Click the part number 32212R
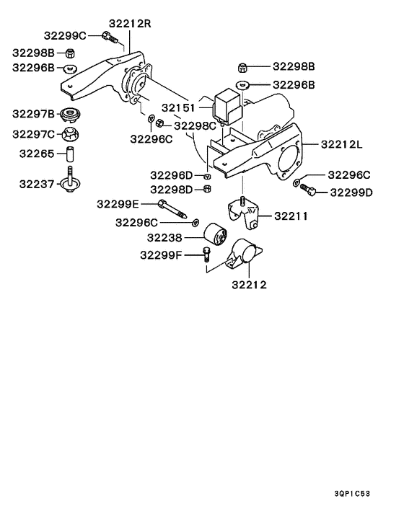[131, 23]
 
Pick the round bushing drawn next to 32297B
[70, 115]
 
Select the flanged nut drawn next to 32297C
[70, 133]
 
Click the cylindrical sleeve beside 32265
[70, 154]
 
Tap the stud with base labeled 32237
[70, 180]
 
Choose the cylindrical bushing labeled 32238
[214, 236]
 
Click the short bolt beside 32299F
[207, 254]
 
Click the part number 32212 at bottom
[249, 285]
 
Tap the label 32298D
[171, 190]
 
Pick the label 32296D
[171, 174]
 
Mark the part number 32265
[37, 154]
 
